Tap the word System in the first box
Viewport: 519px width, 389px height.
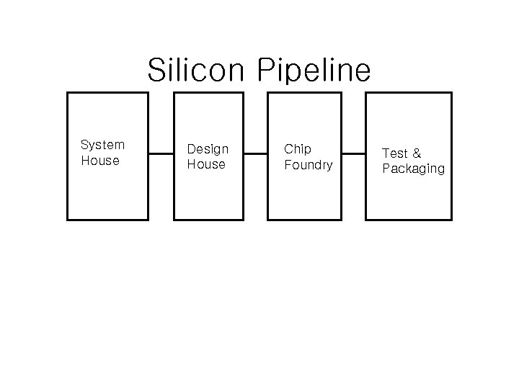click(102, 145)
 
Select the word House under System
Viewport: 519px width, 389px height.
click(100, 161)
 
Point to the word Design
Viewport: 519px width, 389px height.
click(208, 149)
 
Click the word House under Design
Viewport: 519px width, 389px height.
click(206, 164)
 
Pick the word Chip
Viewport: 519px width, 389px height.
click(298, 149)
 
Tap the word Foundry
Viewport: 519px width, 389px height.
click(309, 165)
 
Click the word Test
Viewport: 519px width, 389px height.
click(394, 153)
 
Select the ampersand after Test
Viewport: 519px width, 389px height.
click(416, 153)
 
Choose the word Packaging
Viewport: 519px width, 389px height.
click(413, 169)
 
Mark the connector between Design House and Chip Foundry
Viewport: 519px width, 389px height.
click(255, 153)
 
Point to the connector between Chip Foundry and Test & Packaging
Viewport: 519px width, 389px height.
click(353, 153)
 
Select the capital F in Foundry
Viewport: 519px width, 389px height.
click(288, 165)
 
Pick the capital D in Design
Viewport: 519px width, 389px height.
click(191, 149)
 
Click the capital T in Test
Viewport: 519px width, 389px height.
click(386, 153)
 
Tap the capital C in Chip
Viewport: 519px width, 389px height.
click(288, 149)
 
